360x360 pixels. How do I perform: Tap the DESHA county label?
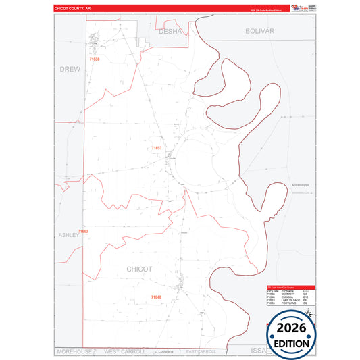170,31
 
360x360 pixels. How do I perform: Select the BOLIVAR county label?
259,31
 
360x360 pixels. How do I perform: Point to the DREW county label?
70,69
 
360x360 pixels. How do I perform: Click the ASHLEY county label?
69,234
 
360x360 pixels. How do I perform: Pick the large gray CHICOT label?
139,269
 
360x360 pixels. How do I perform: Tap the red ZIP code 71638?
94,59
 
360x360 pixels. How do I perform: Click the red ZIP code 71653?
156,147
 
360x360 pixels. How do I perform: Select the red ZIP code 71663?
83,232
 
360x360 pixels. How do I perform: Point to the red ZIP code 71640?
156,297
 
